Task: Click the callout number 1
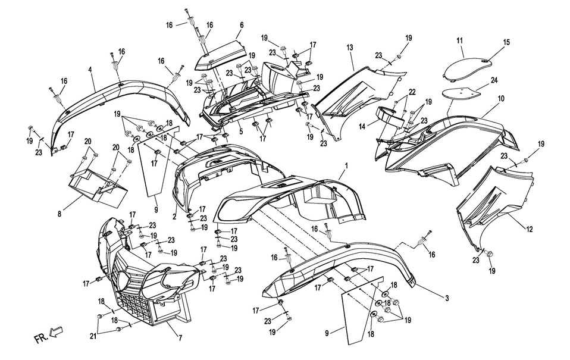[344, 169]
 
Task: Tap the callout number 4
[90, 70]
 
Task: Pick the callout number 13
[350, 47]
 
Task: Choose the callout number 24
[494, 79]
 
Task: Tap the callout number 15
[506, 42]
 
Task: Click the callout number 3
[446, 297]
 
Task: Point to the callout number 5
[241, 132]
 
